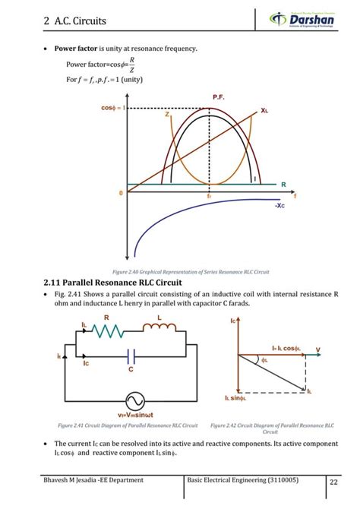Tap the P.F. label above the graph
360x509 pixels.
point(219,97)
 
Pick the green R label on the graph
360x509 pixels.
point(283,185)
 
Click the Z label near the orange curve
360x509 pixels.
point(166,115)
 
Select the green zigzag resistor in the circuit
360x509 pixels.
point(107,330)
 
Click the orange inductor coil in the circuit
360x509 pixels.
point(158,328)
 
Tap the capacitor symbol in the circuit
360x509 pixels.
point(131,355)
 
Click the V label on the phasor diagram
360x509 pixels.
point(317,351)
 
